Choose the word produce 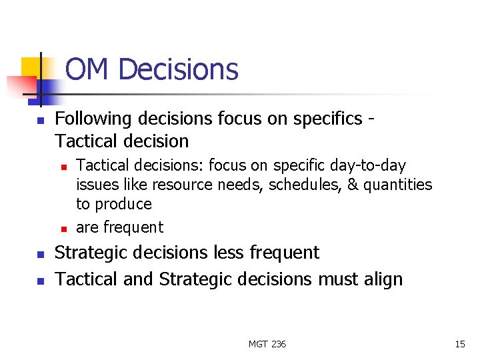point(123,204)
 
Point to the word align point(383,279)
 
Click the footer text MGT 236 point(267,344)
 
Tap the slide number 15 point(459,344)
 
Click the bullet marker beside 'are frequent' point(63,229)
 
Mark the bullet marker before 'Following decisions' point(40,121)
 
